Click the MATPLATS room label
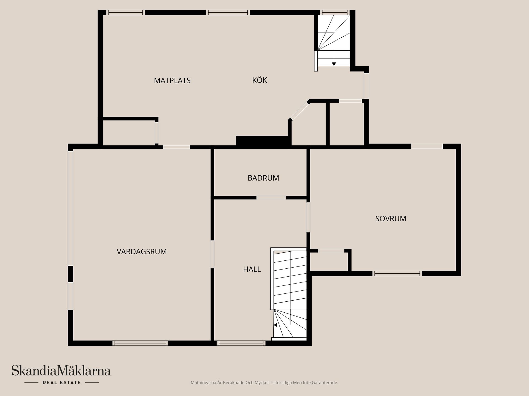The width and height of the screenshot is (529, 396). coord(172,81)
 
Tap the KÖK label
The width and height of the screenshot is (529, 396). coord(260,80)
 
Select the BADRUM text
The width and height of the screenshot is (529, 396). coord(263,178)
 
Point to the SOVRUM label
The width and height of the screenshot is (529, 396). coord(390,219)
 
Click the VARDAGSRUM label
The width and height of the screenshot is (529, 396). coord(142,252)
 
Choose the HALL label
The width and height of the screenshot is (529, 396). coord(252,269)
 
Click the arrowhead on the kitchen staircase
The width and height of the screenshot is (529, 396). coord(334,64)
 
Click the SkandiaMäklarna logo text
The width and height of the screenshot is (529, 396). coord(61,371)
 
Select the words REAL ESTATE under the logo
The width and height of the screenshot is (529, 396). coord(62,383)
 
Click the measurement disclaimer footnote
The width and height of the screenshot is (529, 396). coord(264,383)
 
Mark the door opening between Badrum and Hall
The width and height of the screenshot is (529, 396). coord(271,197)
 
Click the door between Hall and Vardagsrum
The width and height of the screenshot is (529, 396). coord(212,254)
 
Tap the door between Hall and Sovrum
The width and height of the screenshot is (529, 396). coord(308,217)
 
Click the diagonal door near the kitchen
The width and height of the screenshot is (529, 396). coord(300,111)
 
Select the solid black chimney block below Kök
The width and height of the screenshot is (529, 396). coord(263,141)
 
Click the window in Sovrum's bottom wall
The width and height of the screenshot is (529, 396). coord(397,273)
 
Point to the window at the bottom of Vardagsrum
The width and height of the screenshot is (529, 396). coord(140,343)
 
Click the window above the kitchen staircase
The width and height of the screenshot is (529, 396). coord(334,12)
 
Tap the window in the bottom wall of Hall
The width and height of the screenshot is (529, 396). coord(241,343)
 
